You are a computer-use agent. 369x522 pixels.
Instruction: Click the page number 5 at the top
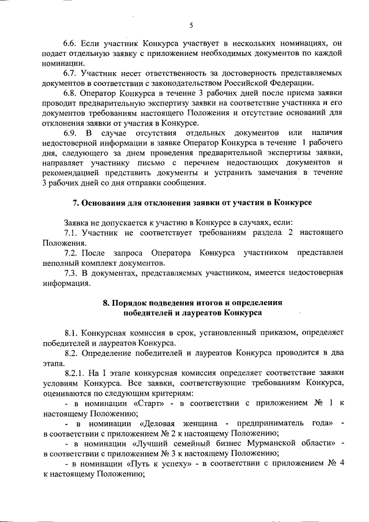click(x=190, y=24)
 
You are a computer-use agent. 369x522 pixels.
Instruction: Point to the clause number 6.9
click(x=70, y=134)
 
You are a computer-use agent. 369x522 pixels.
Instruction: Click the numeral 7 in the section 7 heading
click(x=74, y=204)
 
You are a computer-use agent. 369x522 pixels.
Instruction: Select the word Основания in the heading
click(x=102, y=204)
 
